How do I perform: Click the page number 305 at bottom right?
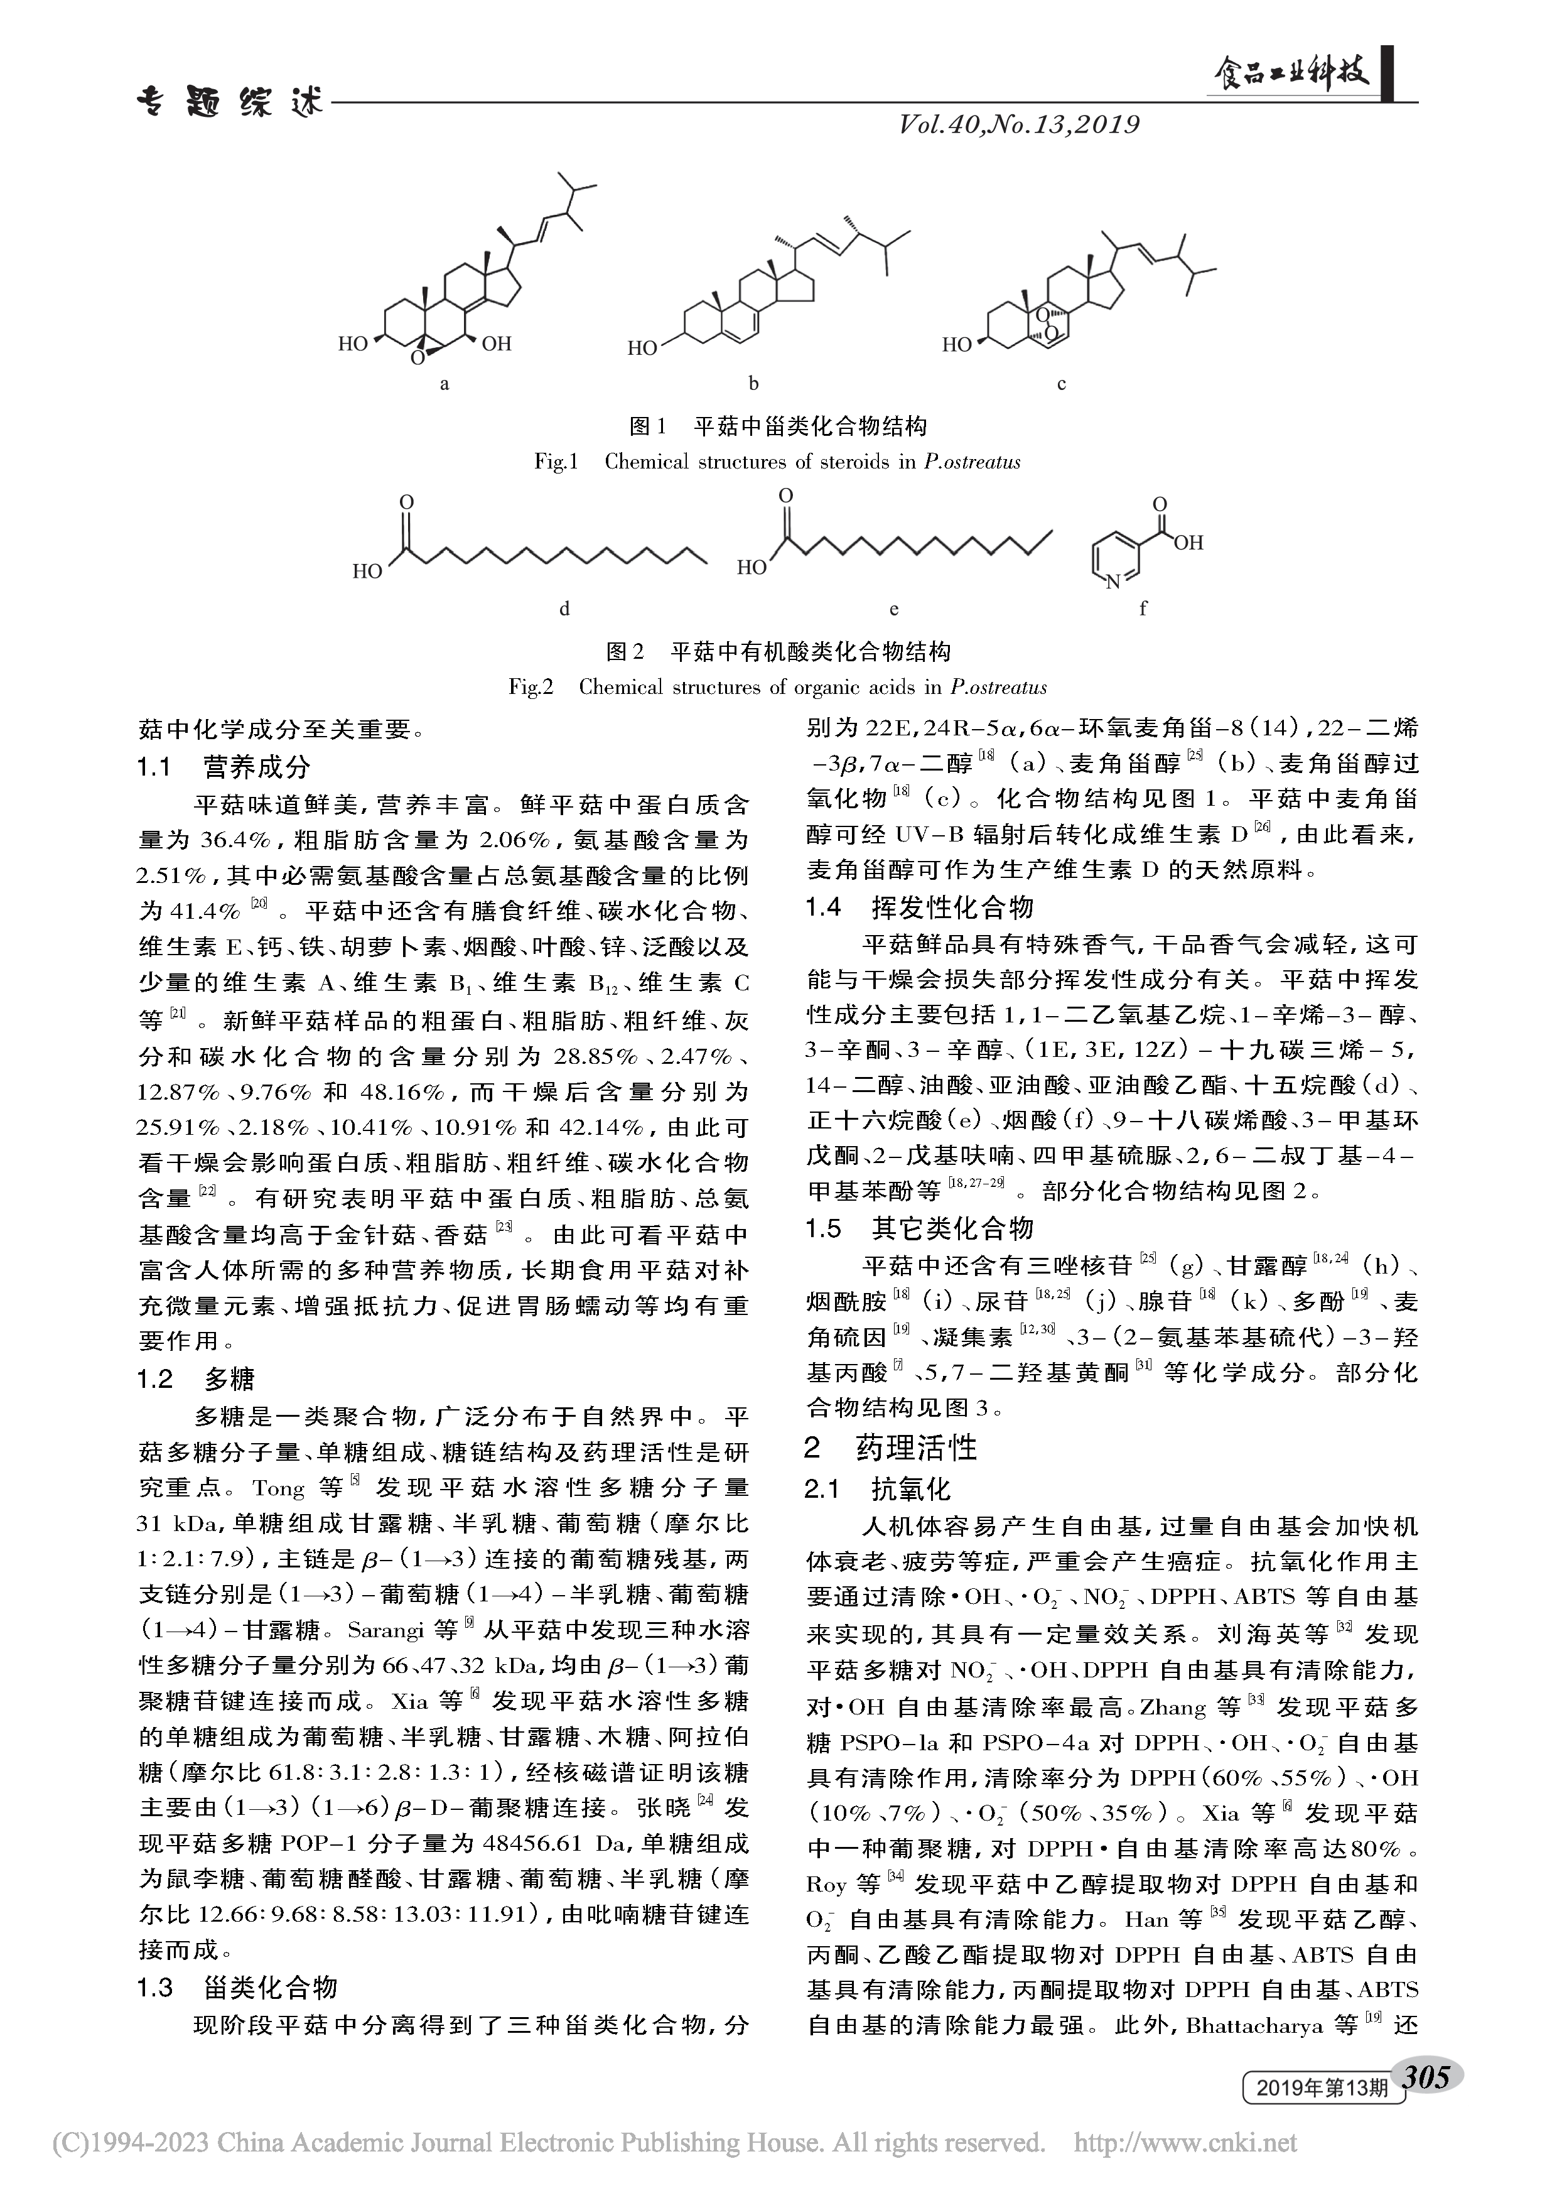[x=1432, y=2076]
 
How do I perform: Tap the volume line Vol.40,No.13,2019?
[x=1019, y=125]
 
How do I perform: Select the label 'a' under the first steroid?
[x=444, y=384]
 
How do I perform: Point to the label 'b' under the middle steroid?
[x=754, y=384]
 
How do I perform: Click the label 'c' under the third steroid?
[x=1061, y=384]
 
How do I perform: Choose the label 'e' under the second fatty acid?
[x=894, y=609]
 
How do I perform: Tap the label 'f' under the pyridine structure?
[x=1143, y=609]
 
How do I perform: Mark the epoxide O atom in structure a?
[x=418, y=358]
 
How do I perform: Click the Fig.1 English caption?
[x=777, y=462]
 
